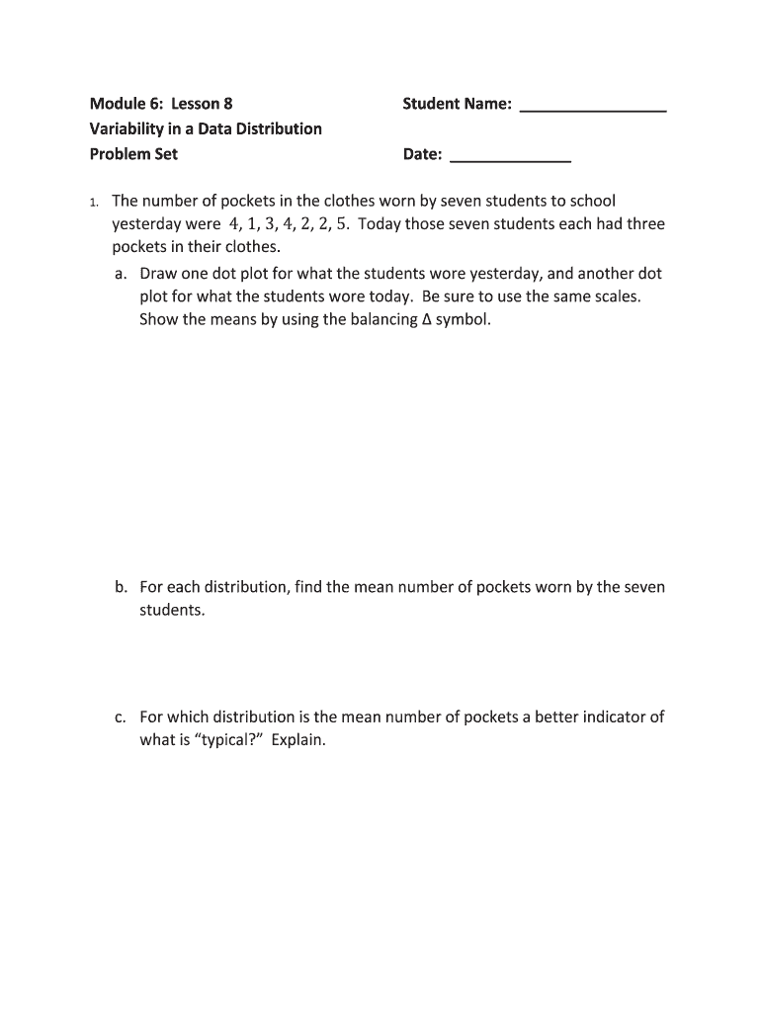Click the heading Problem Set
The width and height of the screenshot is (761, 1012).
[x=133, y=154]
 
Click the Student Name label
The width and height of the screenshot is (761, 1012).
[x=457, y=104]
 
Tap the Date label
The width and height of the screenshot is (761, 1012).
[x=422, y=154]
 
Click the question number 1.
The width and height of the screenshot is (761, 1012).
[x=93, y=203]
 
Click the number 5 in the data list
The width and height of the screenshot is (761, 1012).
[x=342, y=224]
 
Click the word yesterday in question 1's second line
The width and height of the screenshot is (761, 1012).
[x=147, y=224]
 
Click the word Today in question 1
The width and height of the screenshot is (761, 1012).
[x=380, y=224]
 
